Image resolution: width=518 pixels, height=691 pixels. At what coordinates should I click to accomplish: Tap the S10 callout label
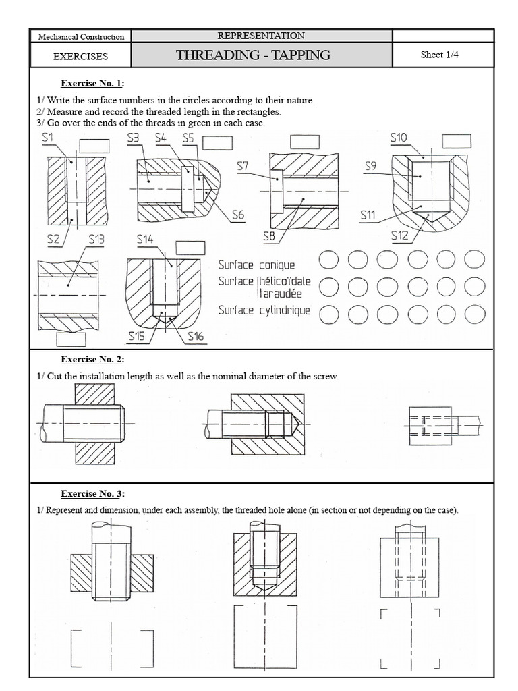pyautogui.click(x=399, y=138)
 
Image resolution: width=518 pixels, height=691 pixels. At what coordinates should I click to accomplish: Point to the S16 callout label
pyautogui.click(x=196, y=335)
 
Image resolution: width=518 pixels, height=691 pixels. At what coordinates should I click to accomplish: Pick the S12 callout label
pyautogui.click(x=400, y=235)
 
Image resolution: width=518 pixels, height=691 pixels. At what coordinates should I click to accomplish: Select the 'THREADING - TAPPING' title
pyautogui.click(x=253, y=55)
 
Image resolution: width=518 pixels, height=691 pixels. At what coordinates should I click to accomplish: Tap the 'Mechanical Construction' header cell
pyautogui.click(x=81, y=36)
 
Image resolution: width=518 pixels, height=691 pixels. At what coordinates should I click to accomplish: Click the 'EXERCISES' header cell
pyautogui.click(x=81, y=56)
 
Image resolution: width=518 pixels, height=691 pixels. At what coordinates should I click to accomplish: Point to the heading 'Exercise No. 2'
pyautogui.click(x=92, y=360)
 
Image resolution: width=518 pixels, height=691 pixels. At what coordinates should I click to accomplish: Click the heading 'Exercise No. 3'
pyautogui.click(x=92, y=493)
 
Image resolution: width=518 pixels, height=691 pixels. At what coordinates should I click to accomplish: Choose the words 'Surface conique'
pyautogui.click(x=256, y=265)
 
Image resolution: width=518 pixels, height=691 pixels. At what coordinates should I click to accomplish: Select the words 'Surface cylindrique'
pyautogui.click(x=264, y=310)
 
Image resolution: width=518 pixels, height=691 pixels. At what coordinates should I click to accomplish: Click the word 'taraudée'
pyautogui.click(x=279, y=294)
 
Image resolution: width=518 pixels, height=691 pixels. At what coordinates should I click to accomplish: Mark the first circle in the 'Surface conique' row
pyautogui.click(x=328, y=259)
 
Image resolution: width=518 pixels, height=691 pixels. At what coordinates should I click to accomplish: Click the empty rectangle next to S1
pyautogui.click(x=94, y=145)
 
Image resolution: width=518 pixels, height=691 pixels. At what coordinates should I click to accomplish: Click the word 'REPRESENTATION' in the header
pyautogui.click(x=261, y=36)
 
